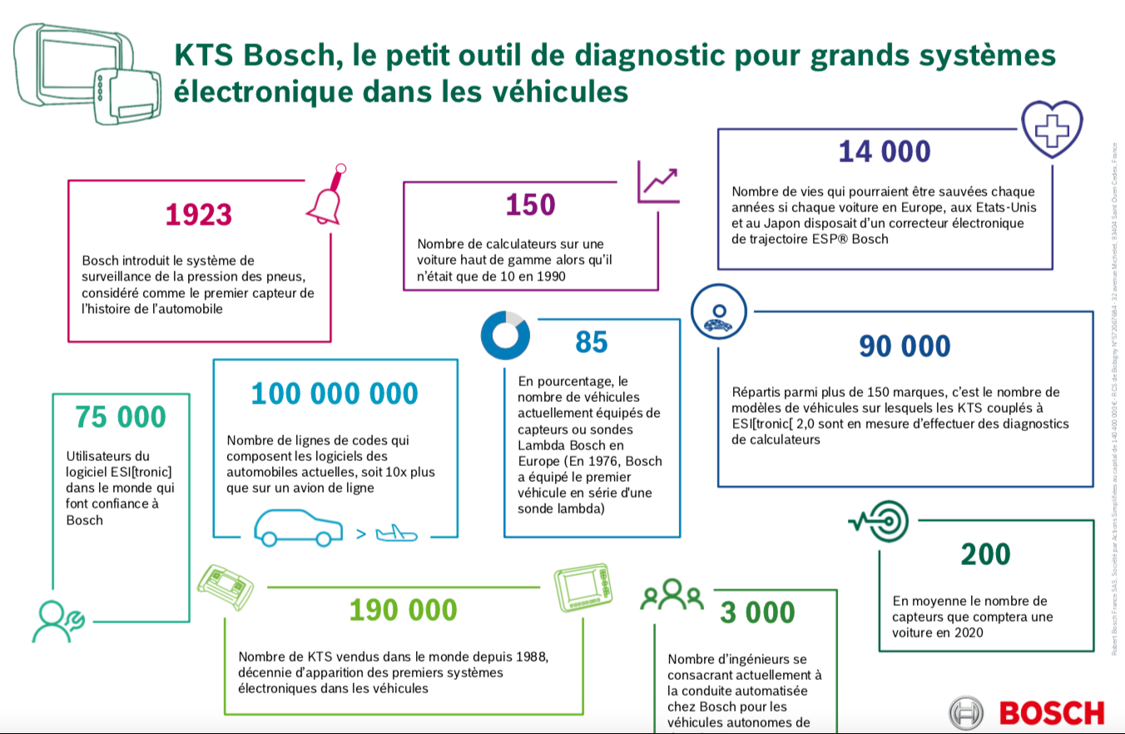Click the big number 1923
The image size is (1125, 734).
tap(198, 215)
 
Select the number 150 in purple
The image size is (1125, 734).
tap(530, 205)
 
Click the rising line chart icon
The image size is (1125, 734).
tap(658, 181)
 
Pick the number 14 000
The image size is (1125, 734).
tap(884, 151)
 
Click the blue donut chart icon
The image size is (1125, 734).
tap(505, 335)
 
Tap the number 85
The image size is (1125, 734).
tap(592, 342)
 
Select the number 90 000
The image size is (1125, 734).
tap(904, 346)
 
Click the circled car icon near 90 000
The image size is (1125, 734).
tap(716, 310)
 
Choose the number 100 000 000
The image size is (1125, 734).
tap(335, 393)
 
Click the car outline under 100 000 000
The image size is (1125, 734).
tap(298, 528)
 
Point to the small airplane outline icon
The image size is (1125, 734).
tap(396, 533)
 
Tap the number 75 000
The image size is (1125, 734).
tap(121, 416)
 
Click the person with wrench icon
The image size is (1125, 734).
tap(57, 620)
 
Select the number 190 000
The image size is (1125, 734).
tap(403, 610)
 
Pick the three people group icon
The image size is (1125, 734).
tap(672, 594)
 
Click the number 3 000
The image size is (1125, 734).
tap(757, 612)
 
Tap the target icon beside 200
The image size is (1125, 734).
tap(875, 522)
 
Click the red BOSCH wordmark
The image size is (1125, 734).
tap(1052, 713)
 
